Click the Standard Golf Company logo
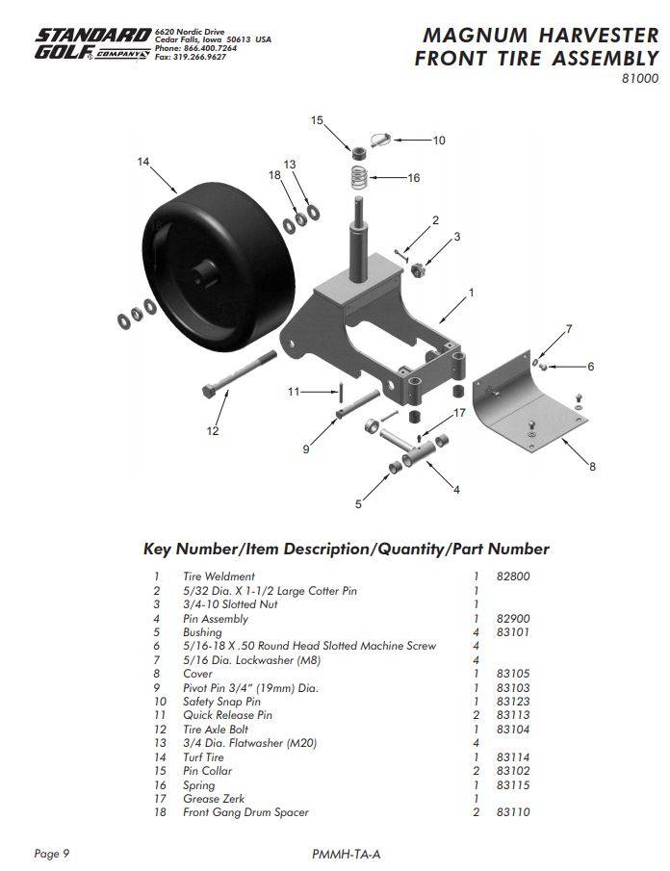click(x=92, y=44)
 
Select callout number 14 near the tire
click(x=143, y=163)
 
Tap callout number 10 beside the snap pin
click(x=438, y=141)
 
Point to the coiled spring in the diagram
click(x=358, y=177)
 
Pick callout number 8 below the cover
click(x=592, y=467)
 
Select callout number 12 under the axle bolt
click(x=213, y=430)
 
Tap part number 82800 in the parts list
click(x=514, y=576)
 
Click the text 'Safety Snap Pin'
click(x=221, y=702)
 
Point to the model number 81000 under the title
click(x=639, y=79)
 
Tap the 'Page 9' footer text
click(x=52, y=854)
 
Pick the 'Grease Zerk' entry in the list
click(x=214, y=799)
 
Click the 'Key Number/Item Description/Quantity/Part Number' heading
click(x=346, y=550)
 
